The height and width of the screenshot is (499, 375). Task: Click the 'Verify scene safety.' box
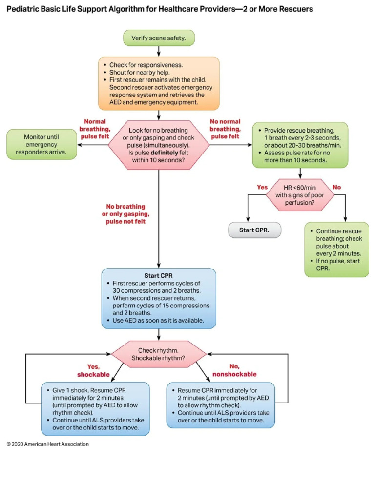tap(159, 38)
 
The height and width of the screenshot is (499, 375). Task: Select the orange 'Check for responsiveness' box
tap(159, 83)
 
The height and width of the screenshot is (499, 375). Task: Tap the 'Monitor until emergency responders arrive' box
tap(42, 145)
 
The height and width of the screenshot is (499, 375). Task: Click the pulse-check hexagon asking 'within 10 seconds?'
tap(158, 145)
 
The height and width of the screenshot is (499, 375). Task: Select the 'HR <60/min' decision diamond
tap(300, 195)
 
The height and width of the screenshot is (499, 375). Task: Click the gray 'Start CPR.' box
tap(255, 230)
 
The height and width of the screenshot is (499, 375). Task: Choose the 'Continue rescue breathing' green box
tap(336, 250)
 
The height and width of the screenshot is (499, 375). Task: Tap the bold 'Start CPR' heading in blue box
tap(159, 275)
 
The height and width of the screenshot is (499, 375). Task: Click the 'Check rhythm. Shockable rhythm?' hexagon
tap(158, 354)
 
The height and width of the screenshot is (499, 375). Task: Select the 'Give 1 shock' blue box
tap(95, 408)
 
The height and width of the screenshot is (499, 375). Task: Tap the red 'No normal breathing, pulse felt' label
tap(225, 129)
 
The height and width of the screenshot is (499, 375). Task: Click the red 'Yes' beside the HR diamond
tap(262, 187)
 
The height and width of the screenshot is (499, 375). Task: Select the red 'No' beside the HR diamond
tap(336, 187)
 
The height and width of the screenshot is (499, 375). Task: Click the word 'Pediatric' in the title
tap(24, 9)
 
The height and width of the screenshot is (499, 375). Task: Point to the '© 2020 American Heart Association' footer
tap(47, 444)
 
